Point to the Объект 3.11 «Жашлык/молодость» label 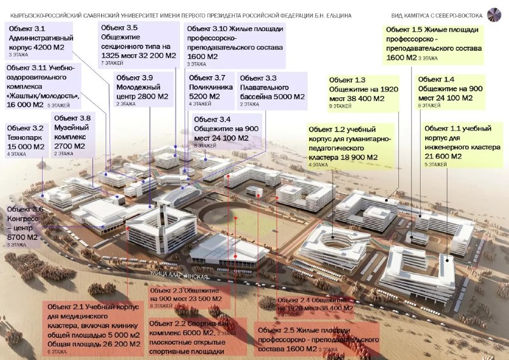point(42,86)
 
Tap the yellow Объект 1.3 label point(363,93)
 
